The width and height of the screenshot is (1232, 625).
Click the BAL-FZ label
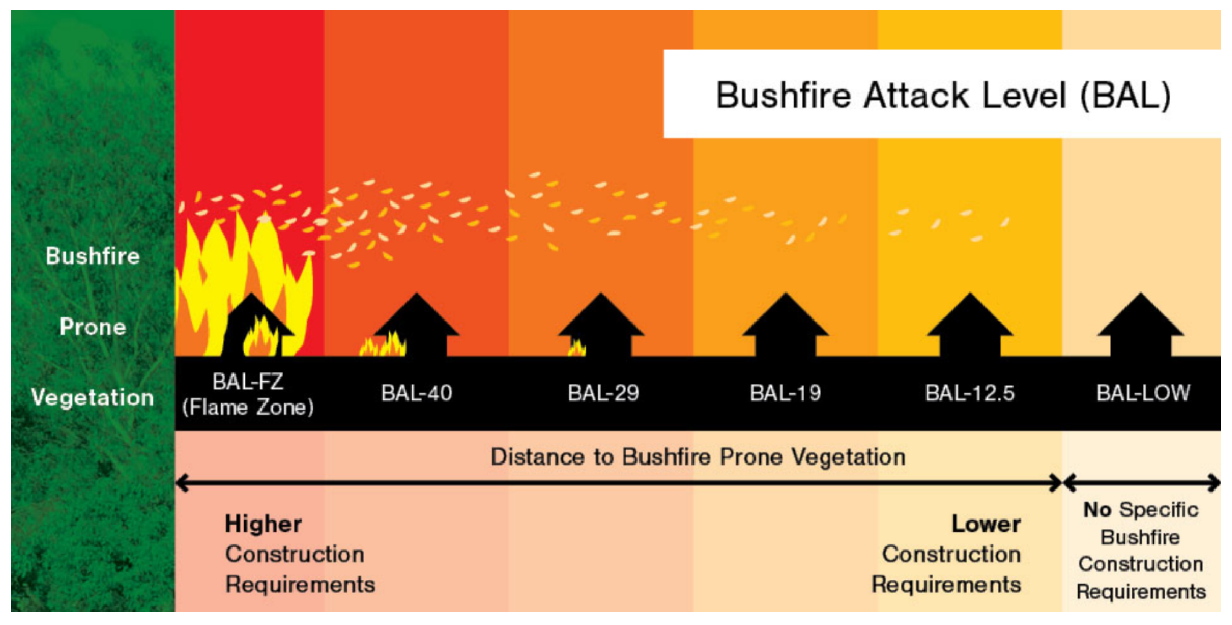tap(248, 381)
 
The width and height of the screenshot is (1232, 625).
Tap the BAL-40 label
tap(417, 393)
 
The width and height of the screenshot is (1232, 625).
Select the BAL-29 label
tap(604, 393)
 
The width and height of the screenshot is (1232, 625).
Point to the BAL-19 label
tap(785, 393)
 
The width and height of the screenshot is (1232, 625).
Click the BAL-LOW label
tap(1143, 393)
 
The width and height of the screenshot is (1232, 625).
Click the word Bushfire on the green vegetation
tap(93, 256)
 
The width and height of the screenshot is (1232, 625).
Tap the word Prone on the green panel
tap(93, 327)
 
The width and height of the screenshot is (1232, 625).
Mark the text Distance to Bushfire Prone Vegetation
tap(698, 457)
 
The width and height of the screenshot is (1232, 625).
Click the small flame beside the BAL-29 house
tap(577, 348)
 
